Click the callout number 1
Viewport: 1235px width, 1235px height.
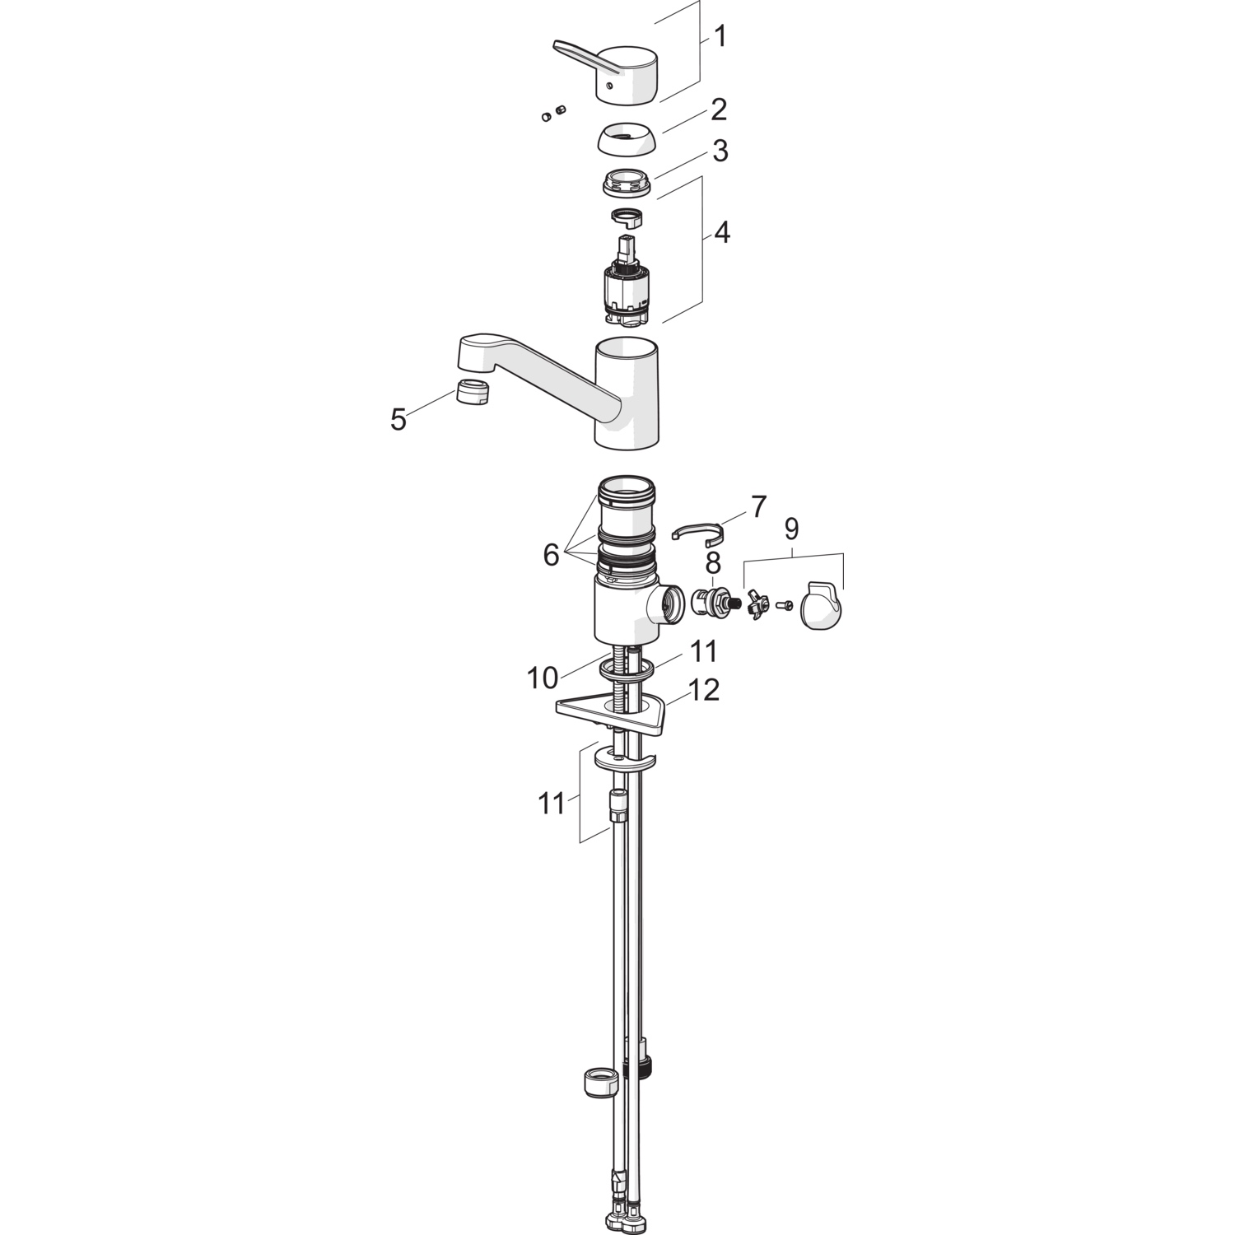click(x=720, y=37)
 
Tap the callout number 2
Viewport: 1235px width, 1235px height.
click(x=719, y=109)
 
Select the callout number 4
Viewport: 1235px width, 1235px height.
click(x=721, y=233)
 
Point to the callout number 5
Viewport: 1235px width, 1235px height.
click(x=398, y=420)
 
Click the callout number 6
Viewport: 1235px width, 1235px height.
click(x=551, y=555)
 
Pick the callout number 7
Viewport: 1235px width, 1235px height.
click(x=758, y=506)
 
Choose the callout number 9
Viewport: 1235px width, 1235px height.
click(x=791, y=529)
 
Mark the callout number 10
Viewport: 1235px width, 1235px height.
click(x=543, y=678)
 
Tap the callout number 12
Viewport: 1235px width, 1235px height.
click(x=702, y=690)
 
